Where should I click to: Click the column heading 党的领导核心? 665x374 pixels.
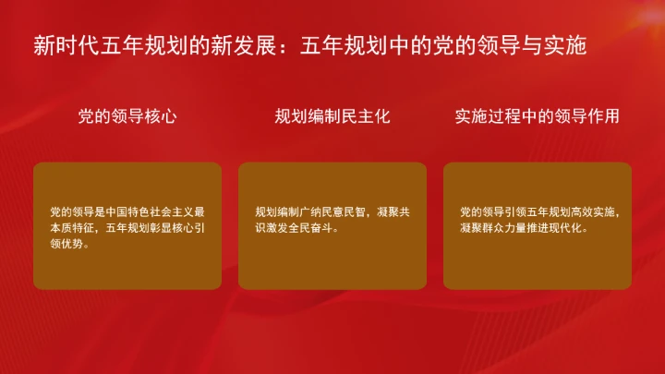127,117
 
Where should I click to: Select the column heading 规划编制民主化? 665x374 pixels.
332,117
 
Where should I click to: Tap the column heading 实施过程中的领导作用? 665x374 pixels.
537,117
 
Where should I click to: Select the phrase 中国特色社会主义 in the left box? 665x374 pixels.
150,211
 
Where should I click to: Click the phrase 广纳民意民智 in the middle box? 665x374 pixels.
339,211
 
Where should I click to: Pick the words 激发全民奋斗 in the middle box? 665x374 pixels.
301,227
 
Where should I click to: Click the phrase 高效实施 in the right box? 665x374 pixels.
593,211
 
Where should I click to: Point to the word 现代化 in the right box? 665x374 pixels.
567,227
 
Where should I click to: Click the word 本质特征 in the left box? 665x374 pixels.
72,227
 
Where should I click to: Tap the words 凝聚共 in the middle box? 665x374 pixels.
394,211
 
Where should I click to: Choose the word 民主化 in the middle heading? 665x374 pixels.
368,117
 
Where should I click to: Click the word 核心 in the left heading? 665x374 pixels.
163,117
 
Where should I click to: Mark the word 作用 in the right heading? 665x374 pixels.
605,117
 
